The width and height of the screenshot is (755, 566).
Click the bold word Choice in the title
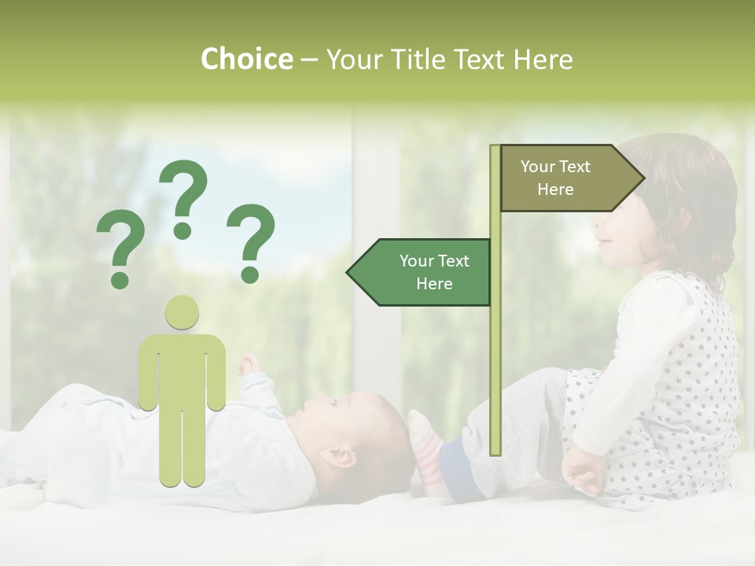tap(246, 60)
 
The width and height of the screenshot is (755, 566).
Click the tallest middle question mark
tap(183, 198)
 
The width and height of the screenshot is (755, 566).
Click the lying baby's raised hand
tap(249, 363)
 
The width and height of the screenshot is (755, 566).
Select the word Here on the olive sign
tap(555, 189)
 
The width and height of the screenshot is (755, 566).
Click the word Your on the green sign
tap(417, 261)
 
